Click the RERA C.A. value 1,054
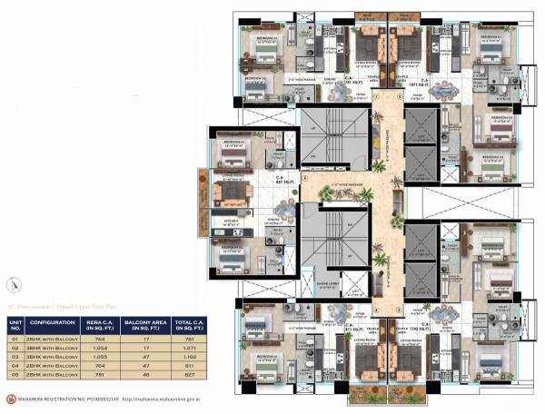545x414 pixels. pos(95,347)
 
